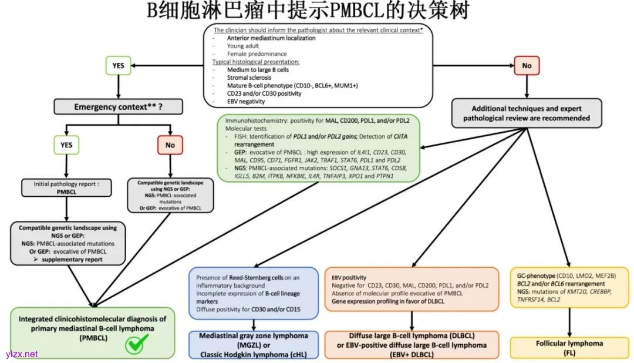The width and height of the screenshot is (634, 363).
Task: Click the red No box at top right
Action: coord(526,66)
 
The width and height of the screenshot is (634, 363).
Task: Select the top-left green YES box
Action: coord(118,66)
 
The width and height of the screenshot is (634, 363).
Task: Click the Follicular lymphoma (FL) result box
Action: coord(569,347)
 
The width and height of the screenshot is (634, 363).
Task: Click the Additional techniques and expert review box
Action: coord(526,113)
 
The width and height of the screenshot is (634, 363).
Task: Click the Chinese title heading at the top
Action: coord(316,12)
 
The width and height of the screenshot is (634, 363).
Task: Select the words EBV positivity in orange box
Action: coord(349,277)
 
